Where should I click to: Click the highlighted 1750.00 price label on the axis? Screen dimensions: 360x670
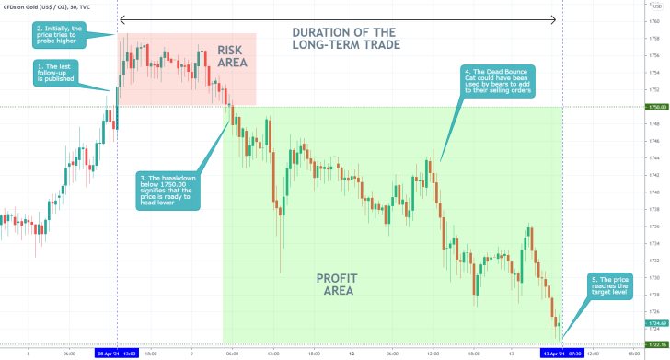pyautogui.click(x=654, y=107)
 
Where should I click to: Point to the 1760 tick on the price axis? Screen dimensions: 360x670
pyautogui.click(x=653, y=21)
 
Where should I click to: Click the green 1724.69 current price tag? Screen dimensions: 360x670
pyautogui.click(x=654, y=323)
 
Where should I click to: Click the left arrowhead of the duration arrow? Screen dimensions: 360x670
pyautogui.click(x=122, y=18)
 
